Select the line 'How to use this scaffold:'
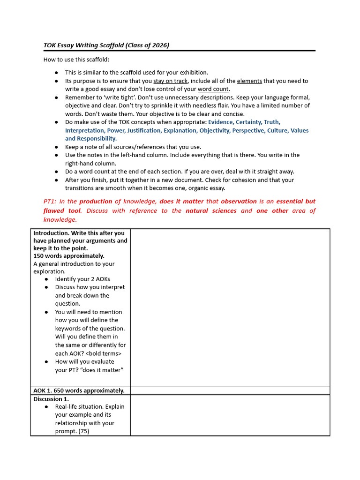[x=76, y=60]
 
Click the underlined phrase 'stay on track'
[x=171, y=81]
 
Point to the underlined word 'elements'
[x=249, y=81]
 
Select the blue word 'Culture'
[x=277, y=131]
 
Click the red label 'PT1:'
[x=50, y=202]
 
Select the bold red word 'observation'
[x=239, y=202]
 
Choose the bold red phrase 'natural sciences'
[x=211, y=211]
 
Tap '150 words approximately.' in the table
[x=69, y=256]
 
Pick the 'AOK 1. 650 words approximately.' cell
[x=79, y=390]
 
